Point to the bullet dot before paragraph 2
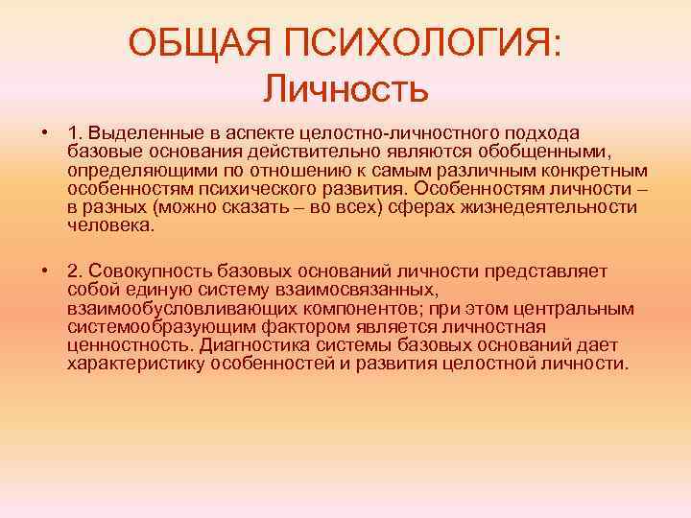click(45, 271)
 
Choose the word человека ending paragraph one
click(110, 225)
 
